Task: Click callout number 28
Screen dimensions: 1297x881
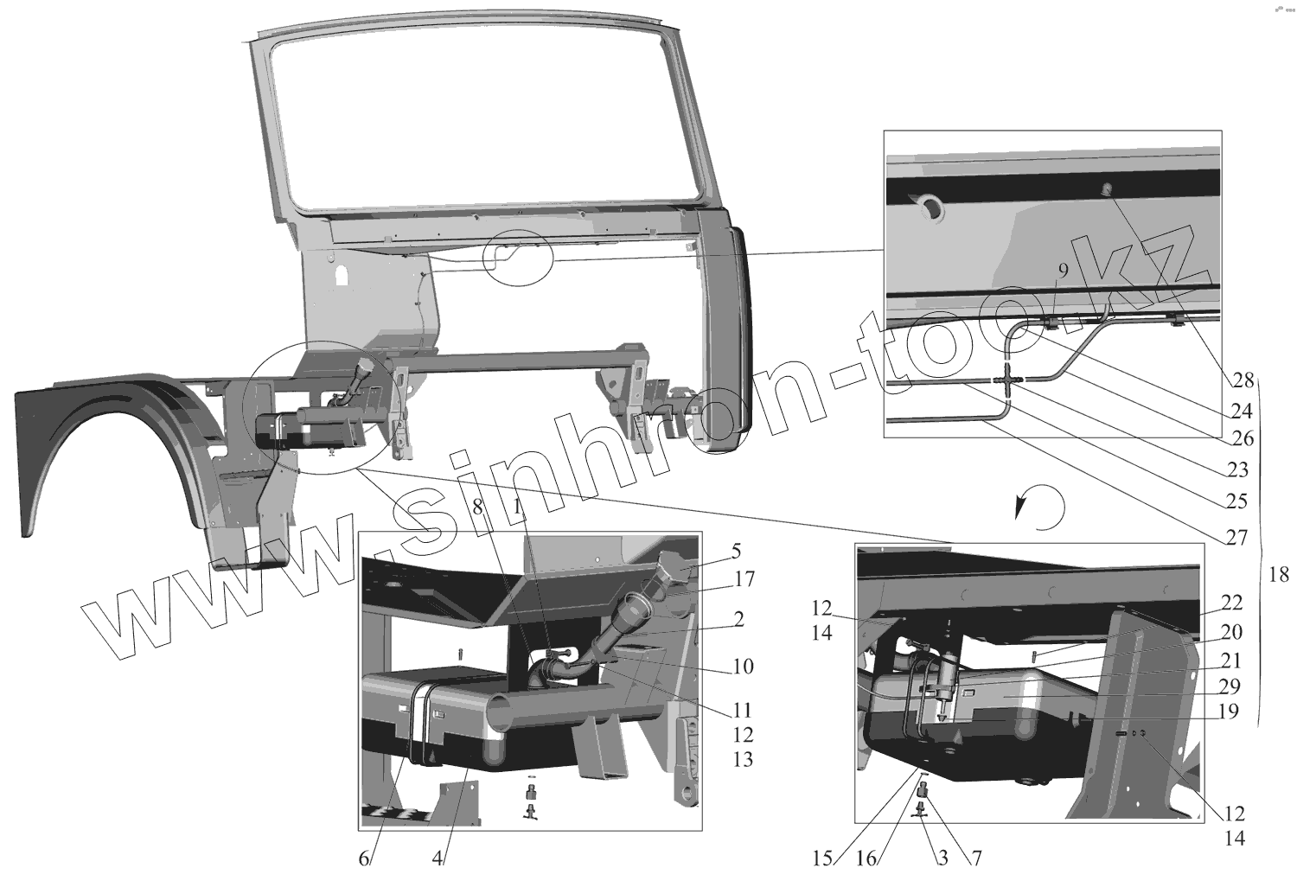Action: point(1243,380)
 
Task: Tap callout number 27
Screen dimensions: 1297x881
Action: point(1236,537)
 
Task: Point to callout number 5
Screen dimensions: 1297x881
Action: point(735,551)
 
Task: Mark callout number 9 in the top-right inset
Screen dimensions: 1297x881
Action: point(1063,270)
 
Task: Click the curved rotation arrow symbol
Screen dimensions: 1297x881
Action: point(1040,504)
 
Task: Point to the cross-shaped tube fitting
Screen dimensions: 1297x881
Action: point(1008,380)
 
